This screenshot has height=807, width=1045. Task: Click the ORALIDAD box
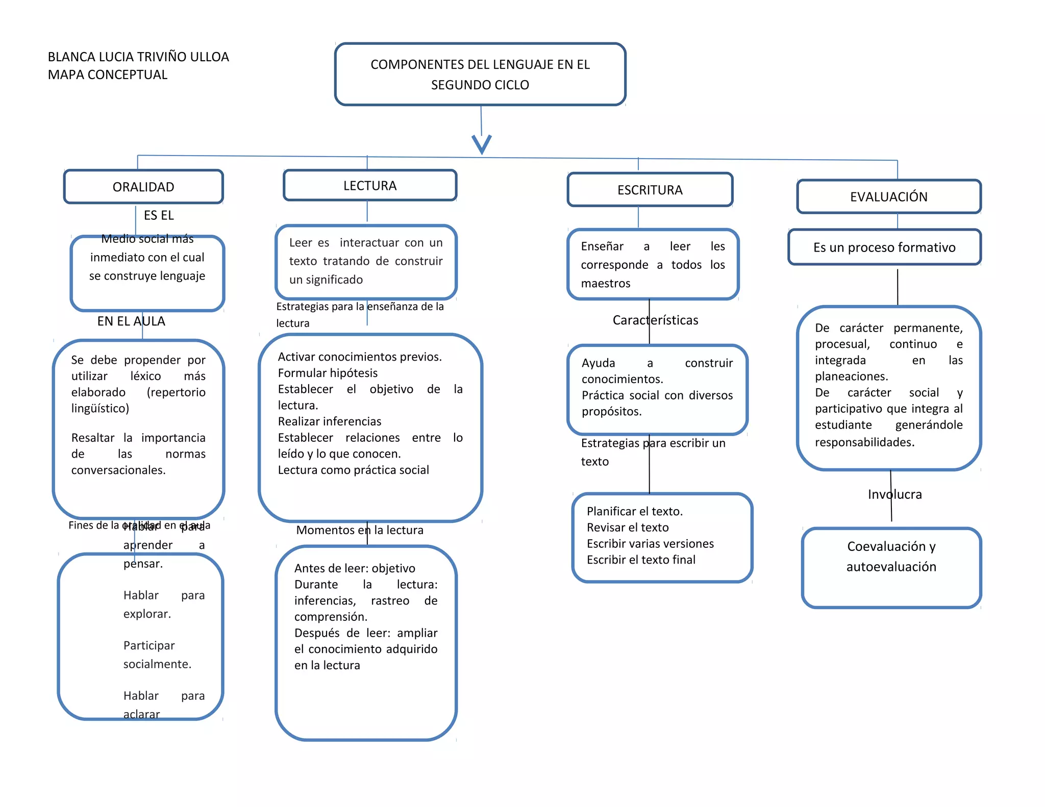coord(143,187)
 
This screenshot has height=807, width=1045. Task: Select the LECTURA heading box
coord(370,185)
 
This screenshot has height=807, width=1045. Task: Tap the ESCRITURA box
coord(650,190)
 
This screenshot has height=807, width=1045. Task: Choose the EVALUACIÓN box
coord(888,196)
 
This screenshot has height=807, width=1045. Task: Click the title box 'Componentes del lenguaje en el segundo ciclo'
coord(480,74)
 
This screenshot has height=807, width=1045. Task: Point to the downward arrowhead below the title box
coord(482,144)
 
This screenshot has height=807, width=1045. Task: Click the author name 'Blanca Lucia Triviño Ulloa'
coord(138,57)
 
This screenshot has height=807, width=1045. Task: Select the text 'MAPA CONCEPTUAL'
coord(108,74)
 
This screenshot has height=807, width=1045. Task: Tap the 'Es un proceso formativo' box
coord(884,247)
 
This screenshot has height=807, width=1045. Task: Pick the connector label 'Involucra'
coord(895,494)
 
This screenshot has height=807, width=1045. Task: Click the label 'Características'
coord(655,320)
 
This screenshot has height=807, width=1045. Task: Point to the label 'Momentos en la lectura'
coord(360,530)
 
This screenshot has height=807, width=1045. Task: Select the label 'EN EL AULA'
coord(131,321)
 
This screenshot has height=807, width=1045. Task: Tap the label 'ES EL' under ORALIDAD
coord(159,215)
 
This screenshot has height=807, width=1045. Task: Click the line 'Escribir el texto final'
coord(641,560)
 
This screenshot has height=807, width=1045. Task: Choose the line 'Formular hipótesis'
coord(328,373)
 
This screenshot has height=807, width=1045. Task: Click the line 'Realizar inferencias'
coord(330,421)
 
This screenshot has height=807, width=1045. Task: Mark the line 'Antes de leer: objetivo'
coord(355,568)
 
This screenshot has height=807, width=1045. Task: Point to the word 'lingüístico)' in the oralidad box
coord(100,408)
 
